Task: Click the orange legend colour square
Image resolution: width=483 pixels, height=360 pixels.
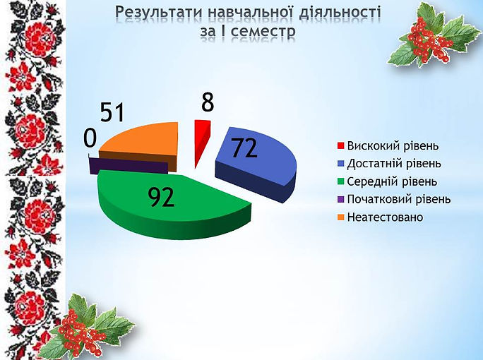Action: pos(340,217)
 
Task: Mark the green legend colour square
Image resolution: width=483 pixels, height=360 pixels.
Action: pos(340,181)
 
